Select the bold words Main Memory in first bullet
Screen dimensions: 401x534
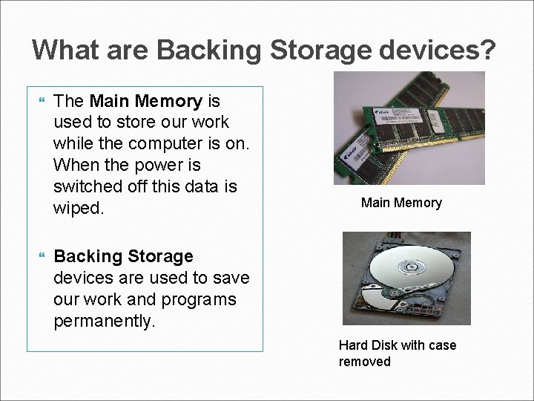[145, 100]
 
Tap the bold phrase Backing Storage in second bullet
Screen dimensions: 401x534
[123, 256]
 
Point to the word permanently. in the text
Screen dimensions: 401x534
[105, 322]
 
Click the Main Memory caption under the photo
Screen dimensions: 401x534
[401, 203]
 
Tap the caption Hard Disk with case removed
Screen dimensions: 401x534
[398, 353]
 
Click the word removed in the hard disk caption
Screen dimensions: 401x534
[364, 362]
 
